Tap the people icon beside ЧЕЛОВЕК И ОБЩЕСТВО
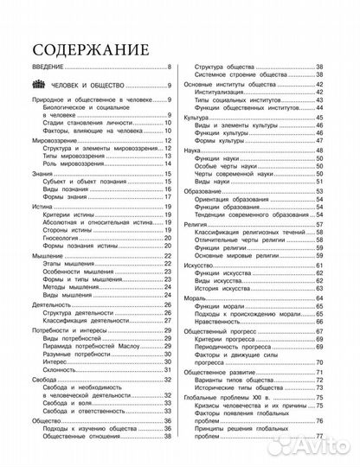pos(44,86)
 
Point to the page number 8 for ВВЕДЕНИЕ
pos(170,67)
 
